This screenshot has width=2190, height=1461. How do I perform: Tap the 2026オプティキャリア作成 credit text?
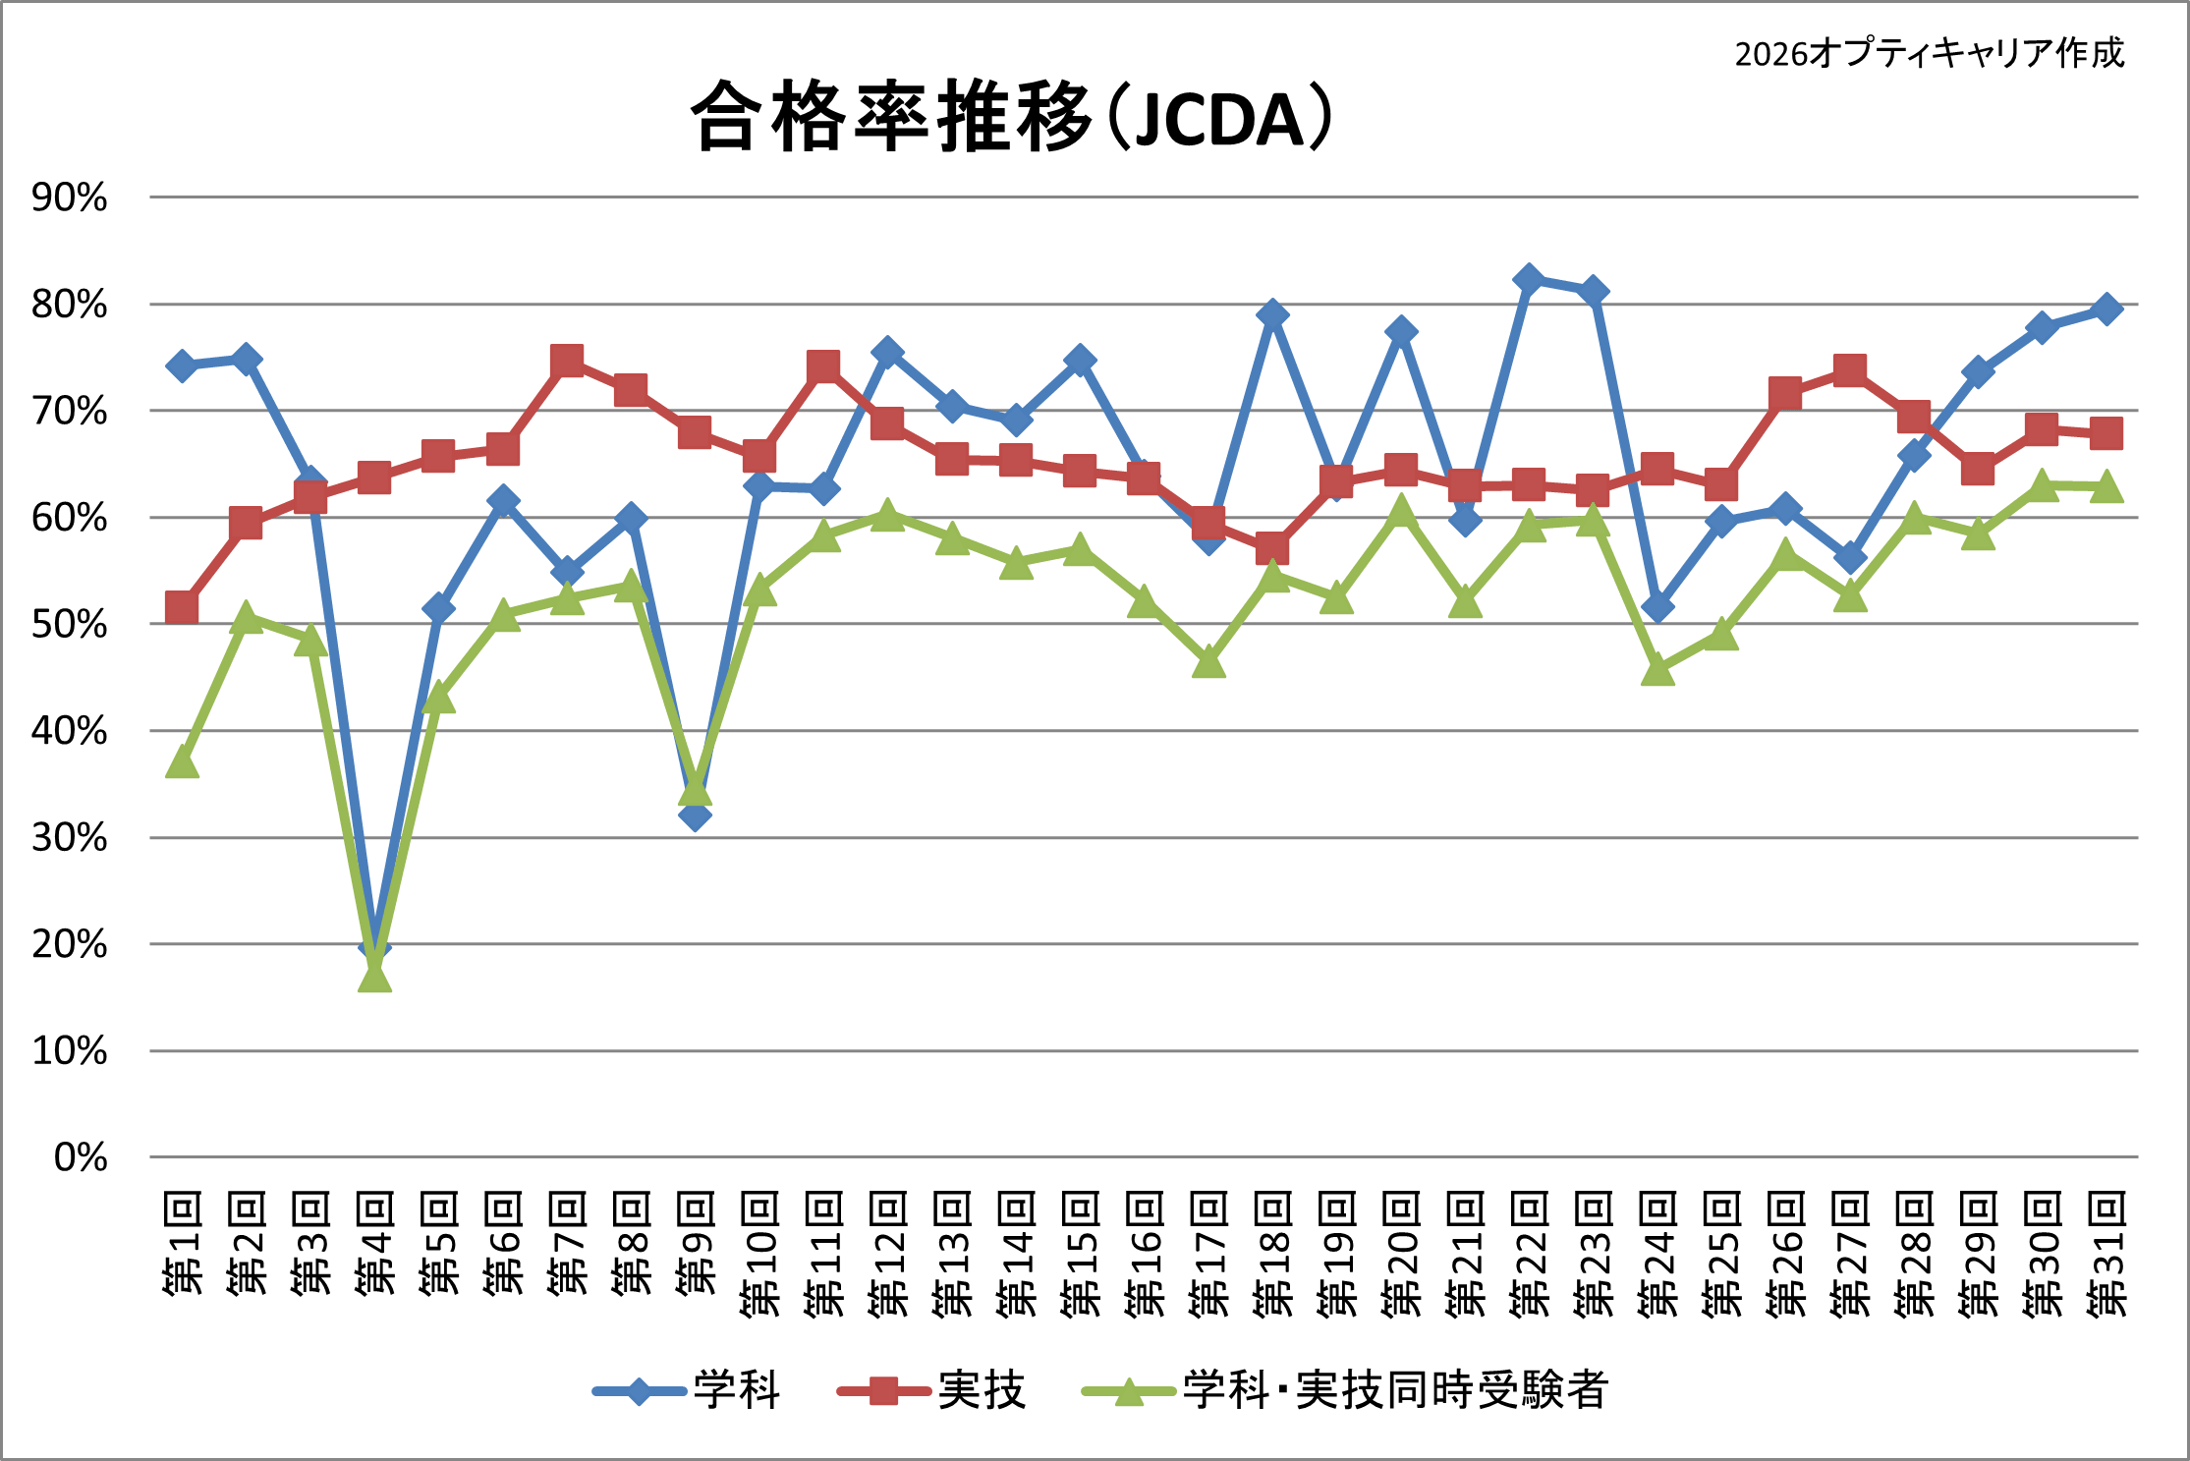(x=1929, y=53)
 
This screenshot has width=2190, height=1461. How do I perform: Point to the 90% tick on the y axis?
(x=69, y=197)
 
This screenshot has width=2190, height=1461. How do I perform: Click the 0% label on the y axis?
(x=81, y=1157)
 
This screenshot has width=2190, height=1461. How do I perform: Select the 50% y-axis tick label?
(x=69, y=625)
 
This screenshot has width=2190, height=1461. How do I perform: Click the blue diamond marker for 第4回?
(x=374, y=944)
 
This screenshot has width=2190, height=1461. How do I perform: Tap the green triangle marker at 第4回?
(x=374, y=976)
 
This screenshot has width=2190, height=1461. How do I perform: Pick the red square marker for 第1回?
(x=182, y=608)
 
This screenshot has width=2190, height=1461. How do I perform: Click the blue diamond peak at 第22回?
(x=1528, y=280)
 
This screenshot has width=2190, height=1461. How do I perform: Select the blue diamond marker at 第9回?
(x=695, y=815)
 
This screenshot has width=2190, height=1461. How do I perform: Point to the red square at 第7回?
(x=567, y=361)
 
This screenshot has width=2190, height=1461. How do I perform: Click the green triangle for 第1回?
(x=182, y=762)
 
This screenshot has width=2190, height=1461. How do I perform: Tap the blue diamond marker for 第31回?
(x=2106, y=309)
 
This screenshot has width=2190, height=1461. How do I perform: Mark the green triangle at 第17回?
(x=1208, y=663)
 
